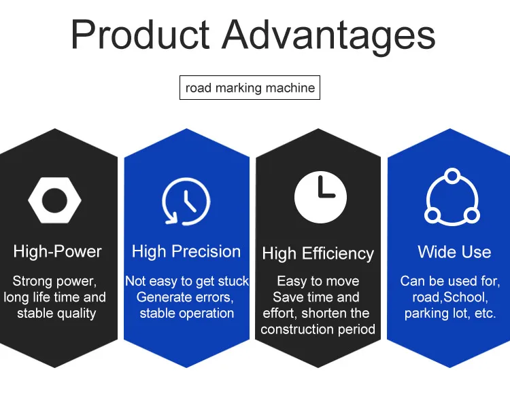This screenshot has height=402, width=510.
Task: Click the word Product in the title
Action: pos(140,35)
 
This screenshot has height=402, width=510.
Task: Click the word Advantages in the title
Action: pos(329,37)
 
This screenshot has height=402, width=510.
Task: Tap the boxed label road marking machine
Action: pos(250,88)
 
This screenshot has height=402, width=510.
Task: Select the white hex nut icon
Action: pos(54,200)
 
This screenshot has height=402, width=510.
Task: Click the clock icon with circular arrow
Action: pos(186,201)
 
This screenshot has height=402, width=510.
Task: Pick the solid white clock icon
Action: pos(320,197)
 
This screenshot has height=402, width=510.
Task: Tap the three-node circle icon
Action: pos(452,197)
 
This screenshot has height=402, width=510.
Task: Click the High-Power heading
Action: pos(57,252)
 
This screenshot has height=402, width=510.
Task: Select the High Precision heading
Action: pos(186,252)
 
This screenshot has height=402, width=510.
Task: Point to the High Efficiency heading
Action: pos(318,253)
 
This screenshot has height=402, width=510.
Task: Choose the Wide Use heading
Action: pos(454,252)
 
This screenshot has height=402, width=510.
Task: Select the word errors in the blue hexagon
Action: pos(214,297)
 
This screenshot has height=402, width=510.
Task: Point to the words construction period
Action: pos(318,329)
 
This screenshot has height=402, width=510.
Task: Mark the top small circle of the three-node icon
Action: pos(452,176)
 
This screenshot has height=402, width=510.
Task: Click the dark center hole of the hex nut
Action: pos(54,200)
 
